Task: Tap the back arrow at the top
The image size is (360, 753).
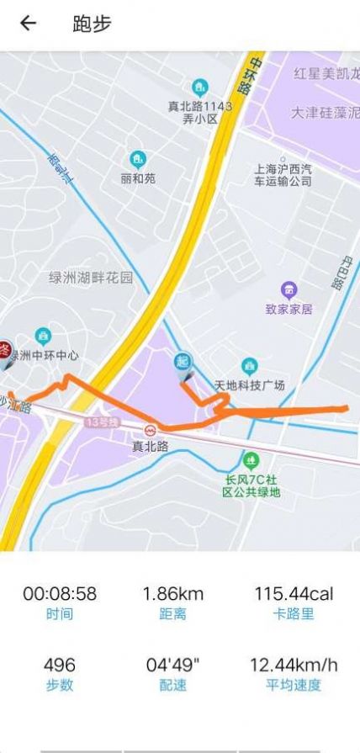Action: pyautogui.click(x=29, y=24)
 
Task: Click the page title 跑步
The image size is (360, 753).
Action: pyautogui.click(x=92, y=24)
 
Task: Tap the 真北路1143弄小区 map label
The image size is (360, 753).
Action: pyautogui.click(x=200, y=113)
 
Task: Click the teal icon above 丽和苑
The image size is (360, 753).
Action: pyautogui.click(x=138, y=159)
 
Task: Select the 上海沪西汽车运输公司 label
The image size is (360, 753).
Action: pyautogui.click(x=283, y=174)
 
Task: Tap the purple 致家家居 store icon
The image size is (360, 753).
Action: pyautogui.click(x=289, y=290)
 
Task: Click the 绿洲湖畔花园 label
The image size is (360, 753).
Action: pyautogui.click(x=91, y=278)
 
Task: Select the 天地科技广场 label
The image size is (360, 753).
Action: pyautogui.click(x=250, y=385)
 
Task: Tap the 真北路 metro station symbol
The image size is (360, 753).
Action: pyautogui.click(x=151, y=429)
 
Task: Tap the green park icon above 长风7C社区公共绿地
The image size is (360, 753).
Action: pyautogui.click(x=251, y=460)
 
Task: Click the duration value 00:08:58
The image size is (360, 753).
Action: pyautogui.click(x=60, y=594)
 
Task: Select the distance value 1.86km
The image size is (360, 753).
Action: pyautogui.click(x=173, y=594)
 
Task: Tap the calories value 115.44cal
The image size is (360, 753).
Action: pyautogui.click(x=294, y=594)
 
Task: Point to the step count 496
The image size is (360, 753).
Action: pyautogui.click(x=60, y=665)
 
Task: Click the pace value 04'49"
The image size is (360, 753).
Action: pyautogui.click(x=173, y=665)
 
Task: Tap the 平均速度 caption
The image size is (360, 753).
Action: pyautogui.click(x=294, y=685)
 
